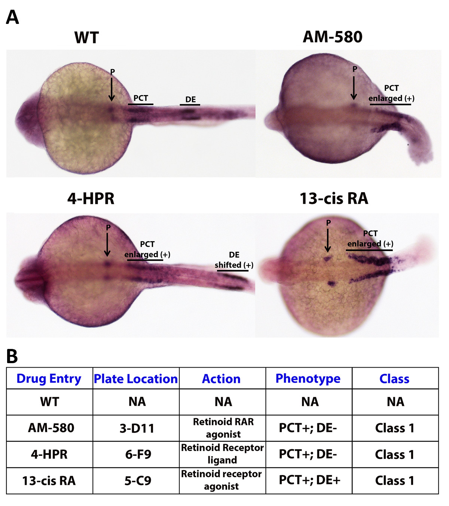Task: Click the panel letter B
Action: click(x=12, y=356)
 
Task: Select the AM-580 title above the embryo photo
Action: click(x=332, y=37)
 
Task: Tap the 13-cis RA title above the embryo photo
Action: click(x=334, y=199)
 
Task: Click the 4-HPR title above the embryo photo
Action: click(x=91, y=199)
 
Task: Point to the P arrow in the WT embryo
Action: click(x=112, y=89)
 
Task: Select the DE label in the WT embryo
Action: click(x=190, y=99)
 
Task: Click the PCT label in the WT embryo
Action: click(x=141, y=98)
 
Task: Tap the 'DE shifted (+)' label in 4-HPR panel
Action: click(x=234, y=260)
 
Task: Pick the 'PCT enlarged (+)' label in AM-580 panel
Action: click(x=391, y=93)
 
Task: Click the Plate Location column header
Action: click(x=136, y=378)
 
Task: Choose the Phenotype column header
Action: click(x=308, y=378)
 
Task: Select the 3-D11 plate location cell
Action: click(x=137, y=428)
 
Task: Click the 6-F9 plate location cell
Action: click(x=138, y=454)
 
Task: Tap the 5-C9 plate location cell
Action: click(x=138, y=481)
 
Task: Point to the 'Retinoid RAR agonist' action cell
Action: click(x=223, y=428)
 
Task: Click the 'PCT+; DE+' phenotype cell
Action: click(x=309, y=480)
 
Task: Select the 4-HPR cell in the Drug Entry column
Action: click(x=49, y=454)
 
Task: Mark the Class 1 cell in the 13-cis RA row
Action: click(x=394, y=481)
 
